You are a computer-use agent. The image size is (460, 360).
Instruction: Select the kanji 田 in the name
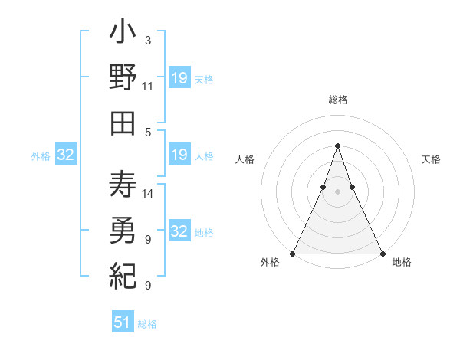(123, 123)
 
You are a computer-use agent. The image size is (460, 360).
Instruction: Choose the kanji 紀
(123, 274)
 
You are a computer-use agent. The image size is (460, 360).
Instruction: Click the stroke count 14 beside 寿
(149, 194)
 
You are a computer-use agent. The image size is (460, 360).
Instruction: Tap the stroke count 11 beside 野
(148, 86)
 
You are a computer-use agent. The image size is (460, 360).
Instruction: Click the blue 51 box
(123, 322)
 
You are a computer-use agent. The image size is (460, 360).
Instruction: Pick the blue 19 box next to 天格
(179, 78)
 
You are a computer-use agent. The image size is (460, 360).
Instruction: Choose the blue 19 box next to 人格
(179, 155)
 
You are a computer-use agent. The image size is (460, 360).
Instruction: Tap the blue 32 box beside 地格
(179, 232)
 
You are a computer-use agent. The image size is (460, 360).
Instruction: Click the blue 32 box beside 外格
(65, 155)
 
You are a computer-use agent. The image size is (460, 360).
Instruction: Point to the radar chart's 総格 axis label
(337, 100)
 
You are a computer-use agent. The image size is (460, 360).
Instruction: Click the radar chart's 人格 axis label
(245, 159)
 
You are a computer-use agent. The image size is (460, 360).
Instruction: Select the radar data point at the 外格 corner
(293, 254)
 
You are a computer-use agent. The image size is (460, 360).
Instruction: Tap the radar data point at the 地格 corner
(382, 254)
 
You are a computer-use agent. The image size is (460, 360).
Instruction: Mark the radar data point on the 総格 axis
(337, 146)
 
